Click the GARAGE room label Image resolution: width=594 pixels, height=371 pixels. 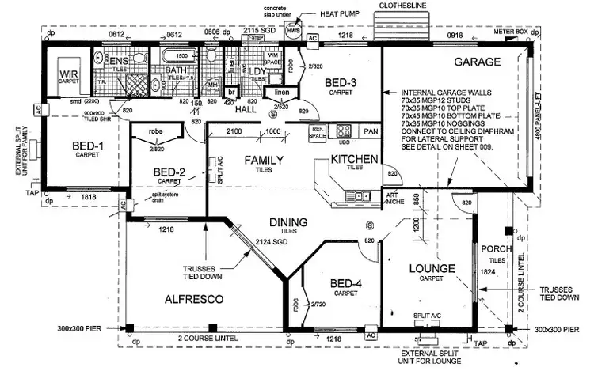click(x=477, y=62)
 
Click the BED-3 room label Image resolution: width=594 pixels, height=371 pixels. click(x=341, y=84)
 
